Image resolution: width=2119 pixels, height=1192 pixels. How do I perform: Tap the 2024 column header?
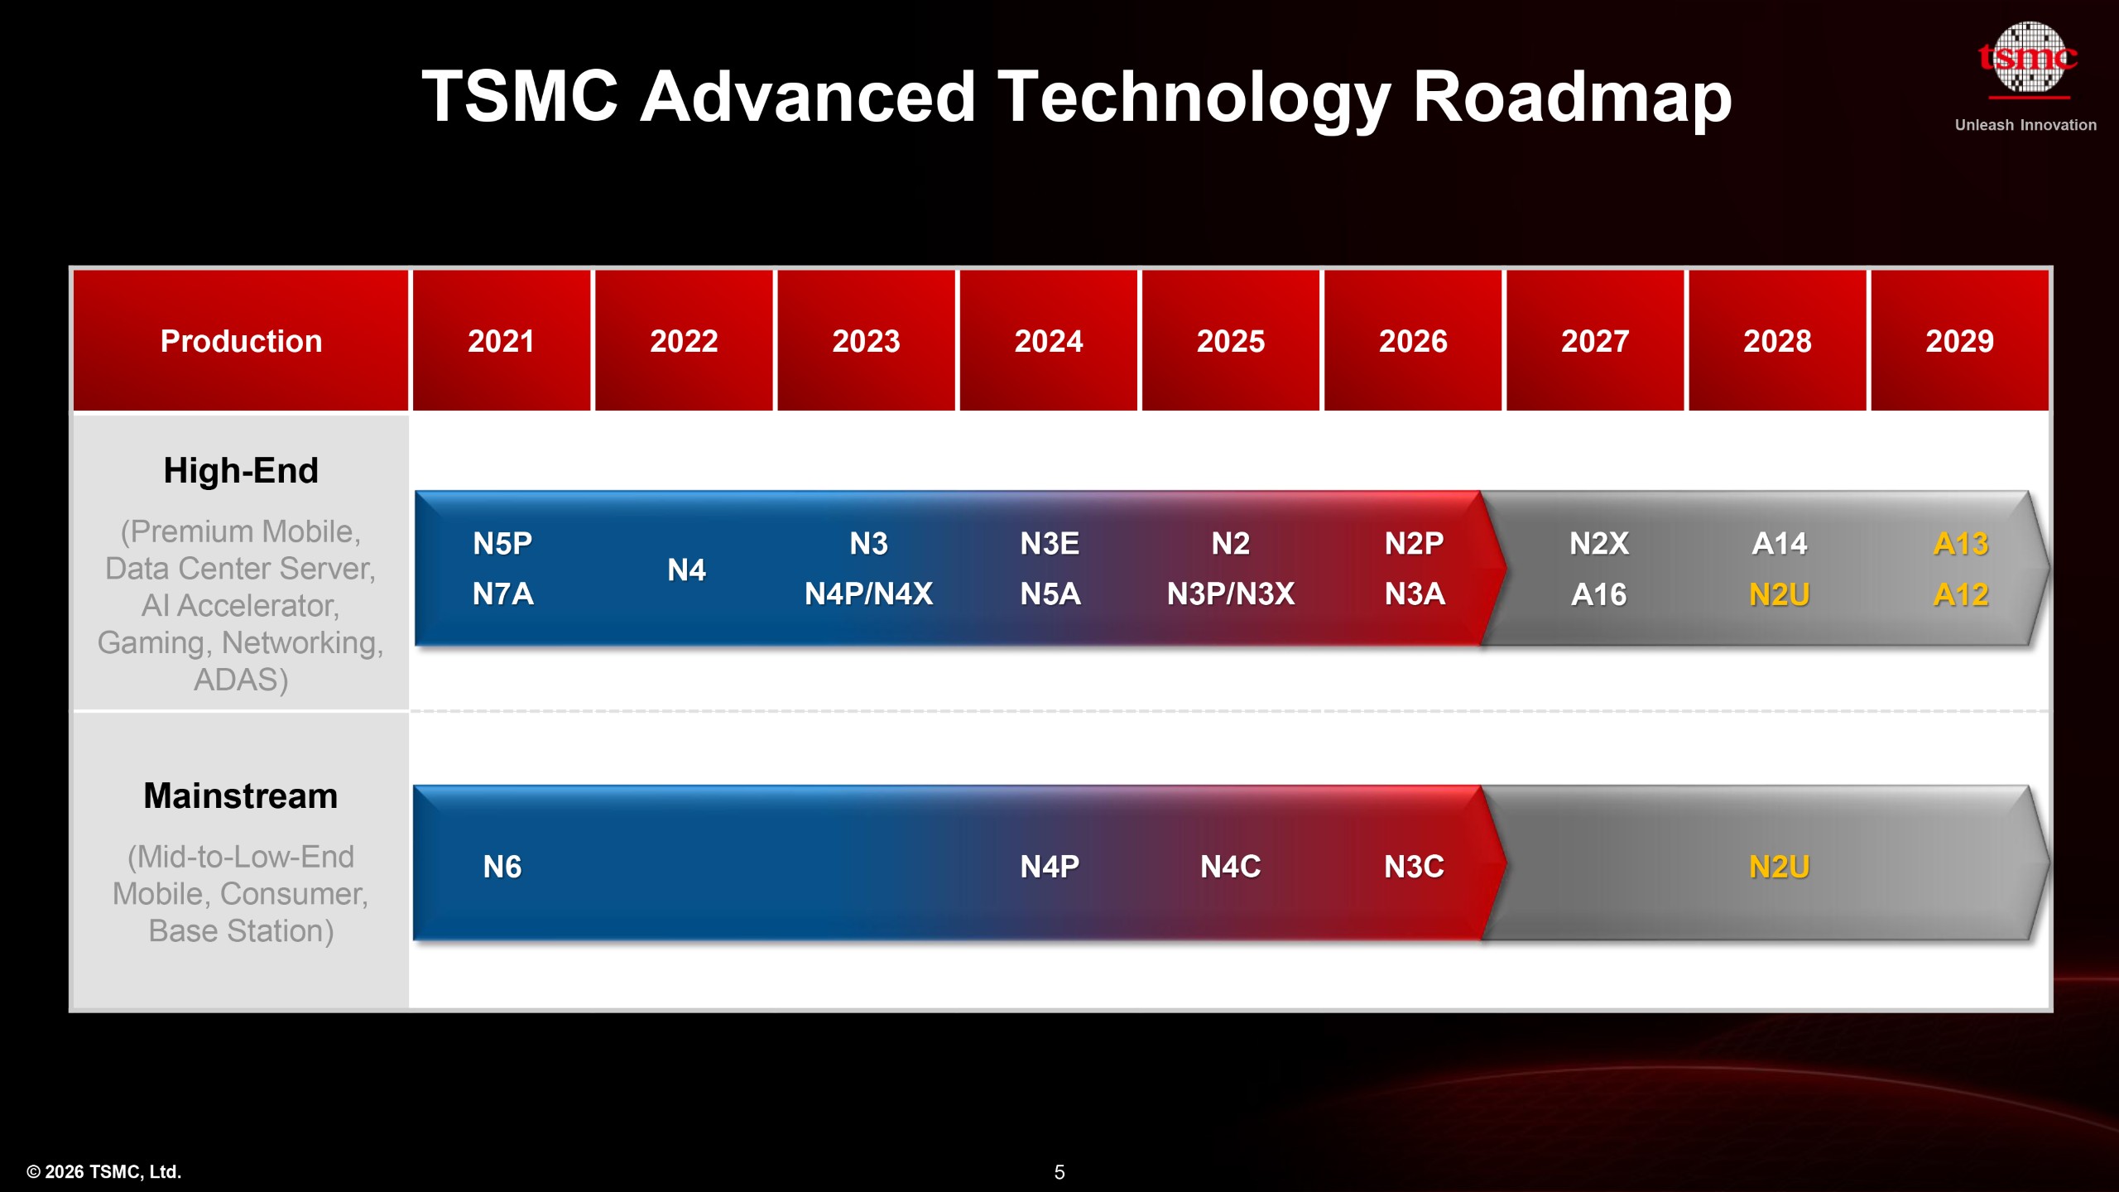[1048, 341]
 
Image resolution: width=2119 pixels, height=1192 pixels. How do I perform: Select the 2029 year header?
[1959, 341]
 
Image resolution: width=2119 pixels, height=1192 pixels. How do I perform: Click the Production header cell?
[241, 341]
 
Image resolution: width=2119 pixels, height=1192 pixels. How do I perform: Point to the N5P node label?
[502, 544]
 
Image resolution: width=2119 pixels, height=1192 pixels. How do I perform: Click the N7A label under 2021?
[502, 594]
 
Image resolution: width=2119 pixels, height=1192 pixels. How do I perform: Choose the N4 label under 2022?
[686, 570]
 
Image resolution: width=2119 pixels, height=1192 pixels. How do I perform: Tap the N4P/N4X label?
[868, 594]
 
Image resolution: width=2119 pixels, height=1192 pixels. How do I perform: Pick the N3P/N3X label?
[1231, 594]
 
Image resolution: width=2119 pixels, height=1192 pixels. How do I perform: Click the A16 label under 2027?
[1598, 594]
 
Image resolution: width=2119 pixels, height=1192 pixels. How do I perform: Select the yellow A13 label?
[1960, 544]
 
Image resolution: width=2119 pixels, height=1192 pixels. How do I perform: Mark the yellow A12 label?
[1960, 594]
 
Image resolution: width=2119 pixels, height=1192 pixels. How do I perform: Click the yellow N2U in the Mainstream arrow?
[1779, 867]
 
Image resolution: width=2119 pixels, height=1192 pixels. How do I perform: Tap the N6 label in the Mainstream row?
[502, 867]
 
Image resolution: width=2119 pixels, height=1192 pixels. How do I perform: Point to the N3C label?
[1414, 867]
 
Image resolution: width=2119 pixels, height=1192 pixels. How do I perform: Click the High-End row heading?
[241, 470]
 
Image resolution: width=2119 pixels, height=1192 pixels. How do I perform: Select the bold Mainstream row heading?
[241, 795]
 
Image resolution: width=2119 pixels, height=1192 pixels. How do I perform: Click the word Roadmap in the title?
[1571, 98]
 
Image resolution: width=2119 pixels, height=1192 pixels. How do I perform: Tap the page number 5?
[1059, 1172]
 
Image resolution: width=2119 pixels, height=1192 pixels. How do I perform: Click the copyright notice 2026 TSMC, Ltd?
[104, 1172]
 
